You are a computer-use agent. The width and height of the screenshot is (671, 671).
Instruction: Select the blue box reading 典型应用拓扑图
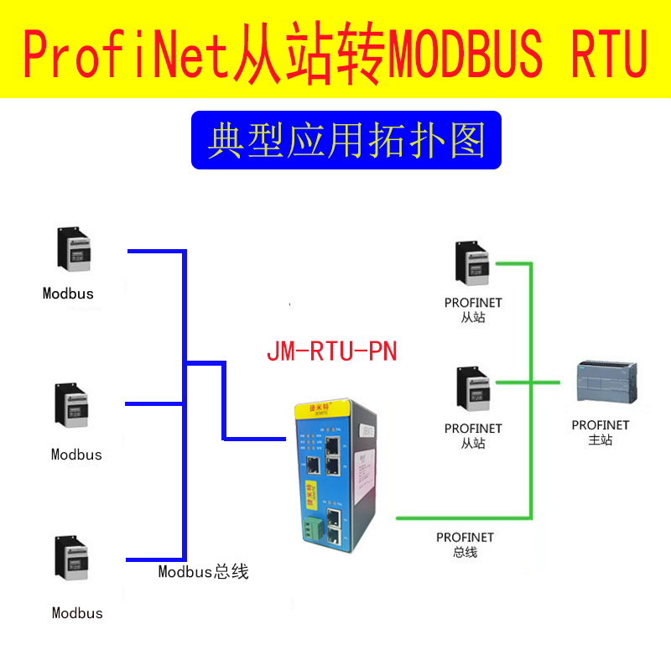pos(346,140)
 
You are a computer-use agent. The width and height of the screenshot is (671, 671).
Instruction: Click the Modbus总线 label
pos(204,572)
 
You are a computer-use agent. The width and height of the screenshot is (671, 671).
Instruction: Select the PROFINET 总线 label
pos(465,544)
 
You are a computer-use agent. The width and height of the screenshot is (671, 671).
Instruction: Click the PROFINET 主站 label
pos(601,432)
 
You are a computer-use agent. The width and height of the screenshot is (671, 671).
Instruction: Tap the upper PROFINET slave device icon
pos(471,263)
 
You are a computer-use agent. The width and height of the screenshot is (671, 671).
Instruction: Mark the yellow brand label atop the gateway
pos(318,408)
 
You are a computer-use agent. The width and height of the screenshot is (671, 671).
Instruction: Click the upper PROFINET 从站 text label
pos(473,309)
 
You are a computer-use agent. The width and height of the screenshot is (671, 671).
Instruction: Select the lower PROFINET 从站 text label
pos(473,435)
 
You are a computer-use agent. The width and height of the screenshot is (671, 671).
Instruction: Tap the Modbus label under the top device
pos(68,294)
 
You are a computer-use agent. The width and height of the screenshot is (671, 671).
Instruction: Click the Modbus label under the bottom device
pos(77,613)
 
